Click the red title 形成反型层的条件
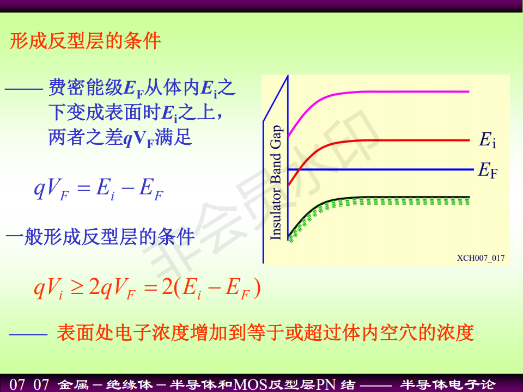click(x=86, y=41)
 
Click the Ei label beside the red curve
click(x=487, y=139)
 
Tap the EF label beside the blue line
click(x=488, y=170)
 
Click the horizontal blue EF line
click(x=381, y=170)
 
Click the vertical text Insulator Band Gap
click(x=276, y=182)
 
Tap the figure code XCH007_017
click(x=481, y=258)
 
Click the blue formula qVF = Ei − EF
click(x=99, y=189)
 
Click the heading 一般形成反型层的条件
click(x=100, y=237)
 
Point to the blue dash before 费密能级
click(x=23, y=89)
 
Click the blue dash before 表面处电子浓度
click(x=28, y=334)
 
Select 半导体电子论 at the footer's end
click(x=448, y=384)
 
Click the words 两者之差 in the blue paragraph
click(x=86, y=137)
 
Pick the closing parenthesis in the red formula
click(x=257, y=289)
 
